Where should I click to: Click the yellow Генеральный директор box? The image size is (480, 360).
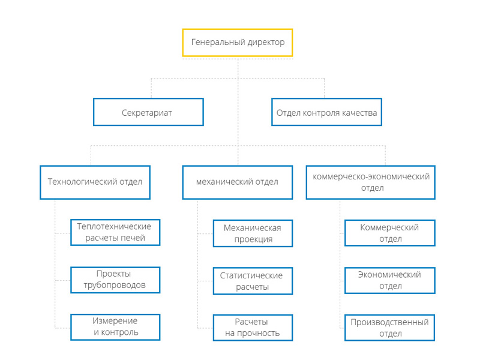[238, 43]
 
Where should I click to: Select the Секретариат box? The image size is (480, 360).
[148, 112]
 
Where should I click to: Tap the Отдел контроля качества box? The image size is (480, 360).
[326, 112]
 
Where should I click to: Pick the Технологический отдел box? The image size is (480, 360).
[95, 182]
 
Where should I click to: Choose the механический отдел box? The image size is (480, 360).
[238, 182]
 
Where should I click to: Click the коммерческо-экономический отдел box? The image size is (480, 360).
[370, 182]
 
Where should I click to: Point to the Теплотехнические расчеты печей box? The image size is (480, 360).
[115, 232]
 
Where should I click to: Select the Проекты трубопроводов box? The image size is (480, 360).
[115, 280]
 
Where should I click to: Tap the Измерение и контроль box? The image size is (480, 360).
[115, 327]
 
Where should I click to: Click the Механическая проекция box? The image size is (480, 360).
[253, 233]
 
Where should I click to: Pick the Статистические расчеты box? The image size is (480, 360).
[253, 281]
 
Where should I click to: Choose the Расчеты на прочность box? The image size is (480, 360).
[253, 328]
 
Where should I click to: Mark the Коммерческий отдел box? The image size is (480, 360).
[389, 233]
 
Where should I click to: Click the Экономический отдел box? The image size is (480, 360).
[389, 281]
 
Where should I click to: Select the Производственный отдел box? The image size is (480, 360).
[389, 328]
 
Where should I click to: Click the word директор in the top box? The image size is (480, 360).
[266, 42]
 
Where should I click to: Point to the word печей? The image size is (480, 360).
[134, 238]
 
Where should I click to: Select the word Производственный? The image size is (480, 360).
[389, 322]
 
